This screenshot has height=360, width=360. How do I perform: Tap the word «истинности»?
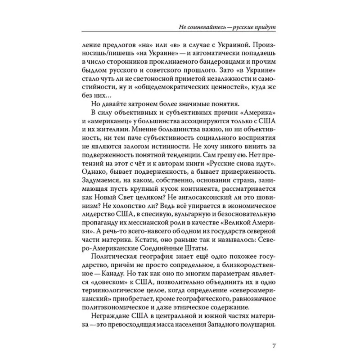[161, 148]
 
